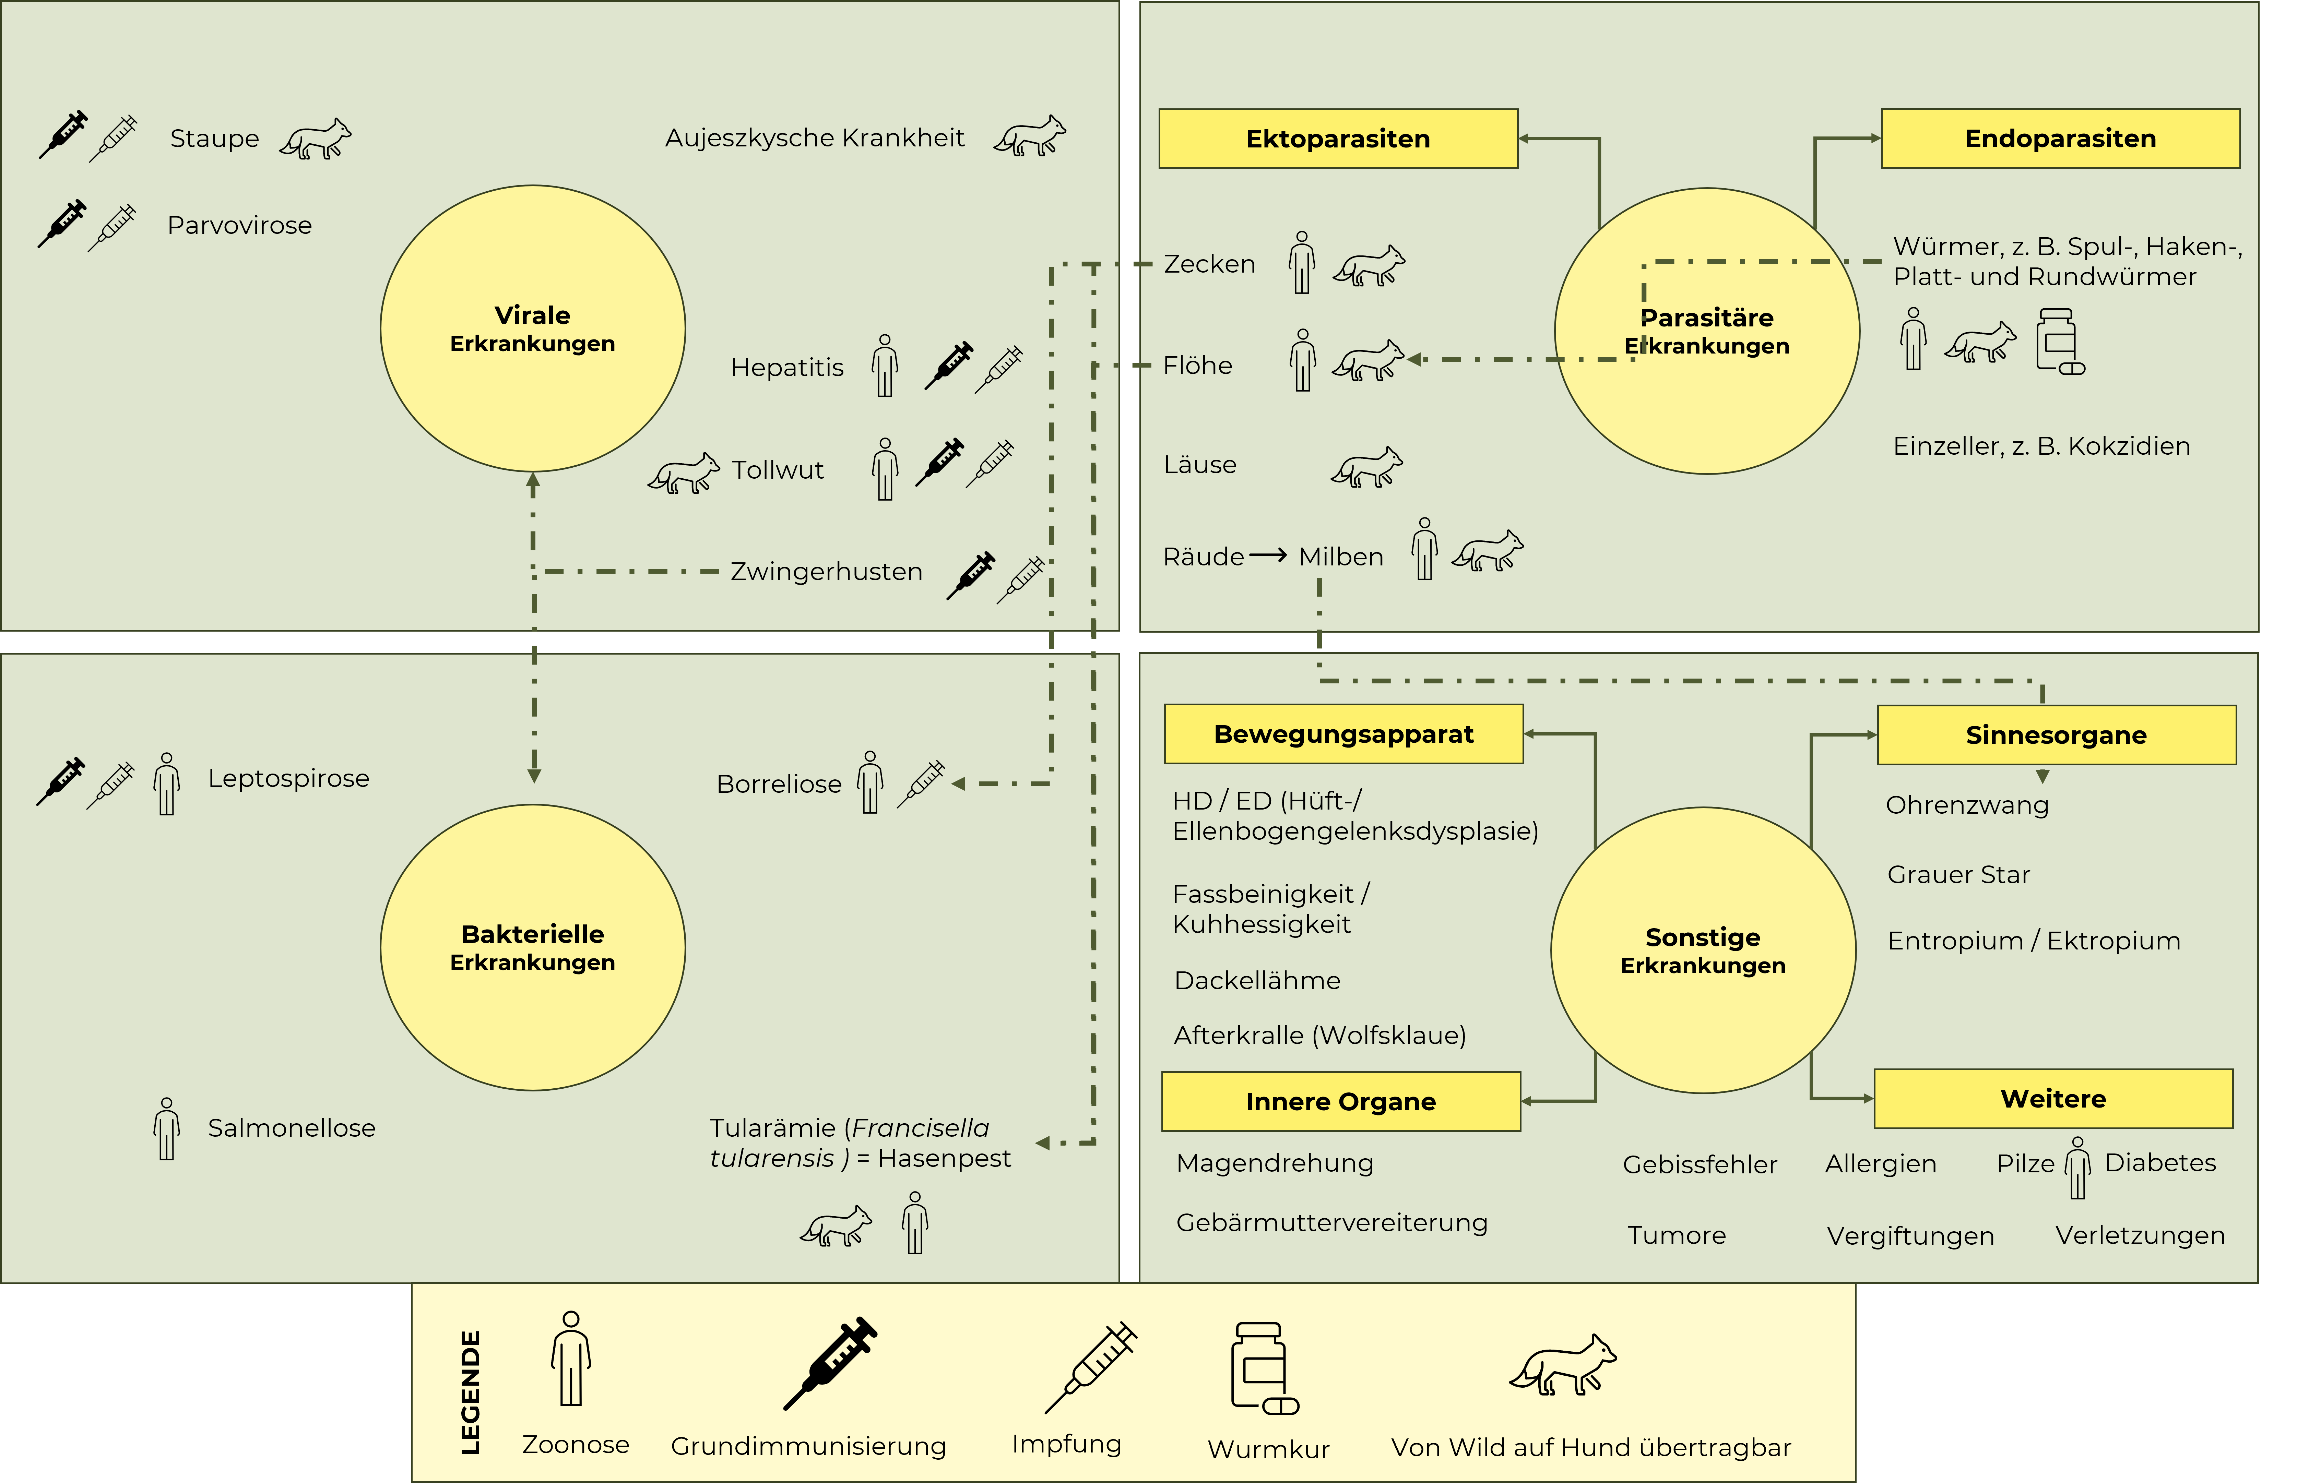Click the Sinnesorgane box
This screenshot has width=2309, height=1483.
coord(2057,735)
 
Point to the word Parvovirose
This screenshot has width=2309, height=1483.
coord(240,225)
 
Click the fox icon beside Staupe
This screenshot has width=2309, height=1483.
coord(316,140)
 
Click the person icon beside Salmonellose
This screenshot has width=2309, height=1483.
coord(167,1128)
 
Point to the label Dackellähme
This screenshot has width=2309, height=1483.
coord(1257,980)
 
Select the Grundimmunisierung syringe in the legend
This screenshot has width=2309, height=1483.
coord(829,1363)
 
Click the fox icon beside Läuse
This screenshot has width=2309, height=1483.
coord(1367,467)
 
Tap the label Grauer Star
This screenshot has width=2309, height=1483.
coord(1958,874)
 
